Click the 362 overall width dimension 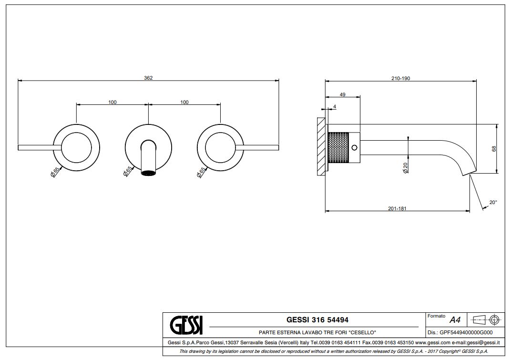click(148, 78)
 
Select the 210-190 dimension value click(400, 78)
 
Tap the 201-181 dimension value click(397, 208)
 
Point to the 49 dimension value click(343, 94)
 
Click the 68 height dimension click(494, 149)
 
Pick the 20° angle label click(493, 203)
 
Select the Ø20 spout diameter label click(405, 168)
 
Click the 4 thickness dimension click(335, 107)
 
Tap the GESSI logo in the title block click(186, 325)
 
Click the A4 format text click(455, 320)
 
